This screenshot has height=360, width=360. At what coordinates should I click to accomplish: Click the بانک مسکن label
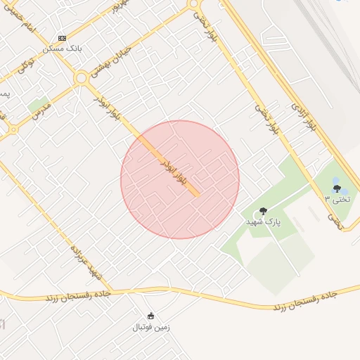click(x=63, y=49)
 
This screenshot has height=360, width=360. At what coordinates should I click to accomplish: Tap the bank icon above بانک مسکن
click(x=63, y=37)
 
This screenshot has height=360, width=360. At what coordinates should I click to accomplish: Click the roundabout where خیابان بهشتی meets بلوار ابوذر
click(x=82, y=77)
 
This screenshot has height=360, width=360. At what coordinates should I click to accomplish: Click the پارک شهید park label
click(x=263, y=221)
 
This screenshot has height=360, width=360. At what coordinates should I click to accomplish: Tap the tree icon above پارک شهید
click(x=264, y=210)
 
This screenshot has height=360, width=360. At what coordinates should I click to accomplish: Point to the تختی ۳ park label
click(x=336, y=199)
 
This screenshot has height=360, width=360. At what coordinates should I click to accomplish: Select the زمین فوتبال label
click(x=150, y=327)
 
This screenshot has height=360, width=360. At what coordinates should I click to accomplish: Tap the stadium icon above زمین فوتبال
click(x=150, y=316)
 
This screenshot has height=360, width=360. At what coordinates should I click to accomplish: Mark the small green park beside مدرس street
click(x=38, y=103)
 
